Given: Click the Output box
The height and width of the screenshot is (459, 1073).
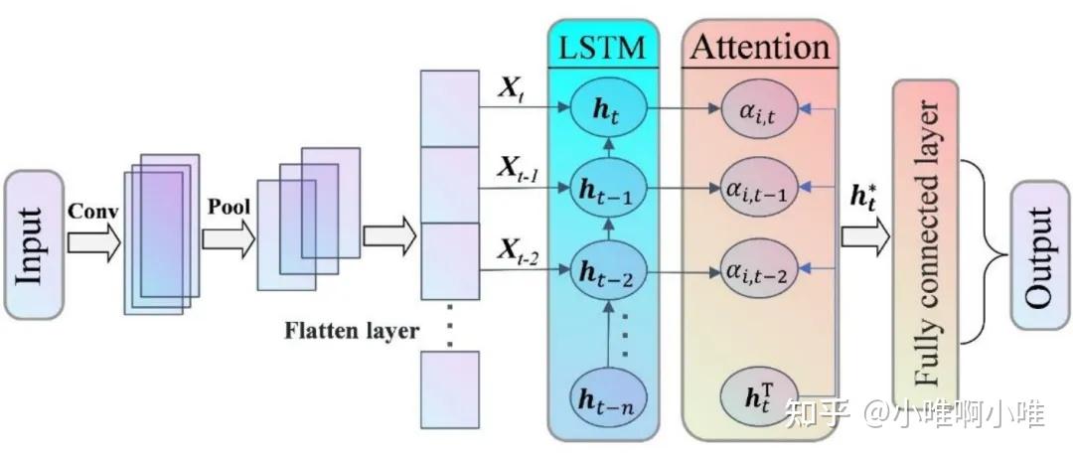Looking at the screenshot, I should point(1039,255).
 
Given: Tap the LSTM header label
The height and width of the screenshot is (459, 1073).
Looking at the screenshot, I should point(602,46).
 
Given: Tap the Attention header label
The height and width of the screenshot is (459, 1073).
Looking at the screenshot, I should point(760,46).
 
